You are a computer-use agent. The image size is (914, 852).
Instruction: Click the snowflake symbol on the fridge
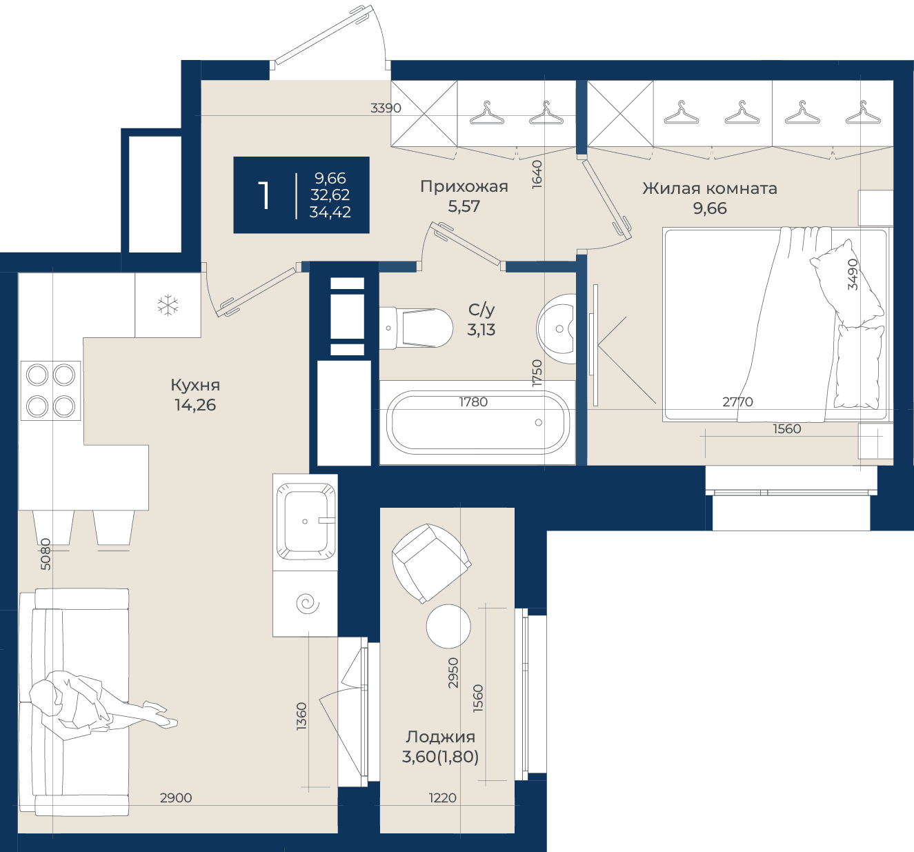[x=168, y=305]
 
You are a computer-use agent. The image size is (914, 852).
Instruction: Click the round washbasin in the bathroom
[x=557, y=328]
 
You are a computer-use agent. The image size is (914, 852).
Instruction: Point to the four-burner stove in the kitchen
[x=50, y=390]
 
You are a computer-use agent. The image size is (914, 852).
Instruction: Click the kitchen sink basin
[x=305, y=521]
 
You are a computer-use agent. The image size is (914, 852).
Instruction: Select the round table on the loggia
[x=448, y=626]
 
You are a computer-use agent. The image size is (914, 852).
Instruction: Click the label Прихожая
[x=464, y=186]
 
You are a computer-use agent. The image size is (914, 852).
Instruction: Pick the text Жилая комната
[x=710, y=188]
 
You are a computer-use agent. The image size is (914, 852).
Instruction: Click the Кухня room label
[x=195, y=385]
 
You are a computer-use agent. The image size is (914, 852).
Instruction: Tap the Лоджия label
[x=440, y=737]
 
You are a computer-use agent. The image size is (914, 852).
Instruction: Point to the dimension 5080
[x=46, y=554]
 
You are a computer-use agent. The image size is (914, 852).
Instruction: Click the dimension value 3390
[x=386, y=108]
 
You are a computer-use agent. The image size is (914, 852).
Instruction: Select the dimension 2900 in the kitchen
[x=176, y=797]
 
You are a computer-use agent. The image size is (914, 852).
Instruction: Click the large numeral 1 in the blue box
[x=264, y=196]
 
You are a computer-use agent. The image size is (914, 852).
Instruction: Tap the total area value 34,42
[x=330, y=212]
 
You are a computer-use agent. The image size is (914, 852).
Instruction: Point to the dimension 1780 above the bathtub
[x=473, y=402]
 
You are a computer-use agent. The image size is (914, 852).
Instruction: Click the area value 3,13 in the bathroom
[x=481, y=330]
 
